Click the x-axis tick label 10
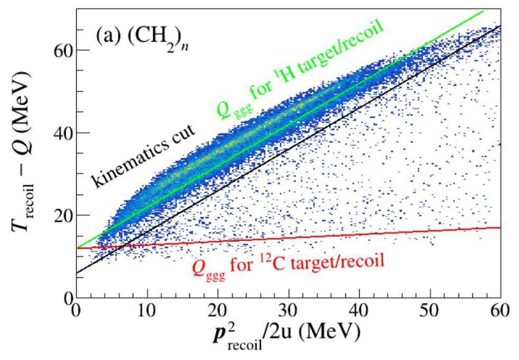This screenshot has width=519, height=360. (x=147, y=310)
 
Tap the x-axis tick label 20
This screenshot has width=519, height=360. (x=218, y=310)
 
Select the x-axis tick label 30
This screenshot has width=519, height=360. (x=289, y=310)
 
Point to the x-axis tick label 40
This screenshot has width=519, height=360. (x=360, y=310)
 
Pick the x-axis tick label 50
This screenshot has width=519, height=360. (x=430, y=310)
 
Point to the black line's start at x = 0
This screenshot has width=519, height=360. (x=77, y=273)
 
